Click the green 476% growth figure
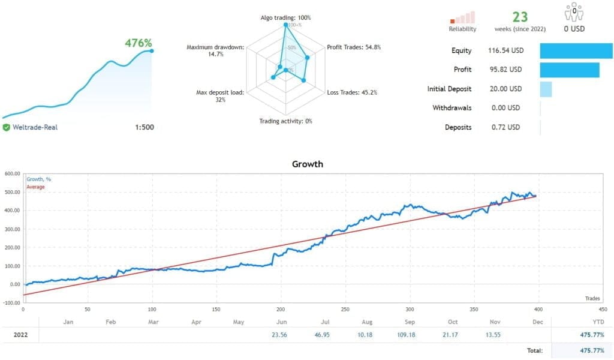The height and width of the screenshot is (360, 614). (x=138, y=43)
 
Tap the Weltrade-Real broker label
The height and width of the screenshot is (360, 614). (x=35, y=127)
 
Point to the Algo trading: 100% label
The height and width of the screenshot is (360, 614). (x=285, y=17)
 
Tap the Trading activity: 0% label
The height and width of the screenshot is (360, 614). (x=285, y=121)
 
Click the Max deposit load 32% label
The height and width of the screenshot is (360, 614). (x=220, y=96)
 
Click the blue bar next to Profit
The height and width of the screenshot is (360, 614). (x=569, y=70)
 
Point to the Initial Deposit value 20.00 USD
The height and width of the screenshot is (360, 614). (x=504, y=89)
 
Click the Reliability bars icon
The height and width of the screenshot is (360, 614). (x=462, y=17)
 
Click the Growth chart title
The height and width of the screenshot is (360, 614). (x=306, y=163)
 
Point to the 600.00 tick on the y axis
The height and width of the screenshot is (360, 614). (x=11, y=174)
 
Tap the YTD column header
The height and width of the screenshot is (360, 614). (x=590, y=322)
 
